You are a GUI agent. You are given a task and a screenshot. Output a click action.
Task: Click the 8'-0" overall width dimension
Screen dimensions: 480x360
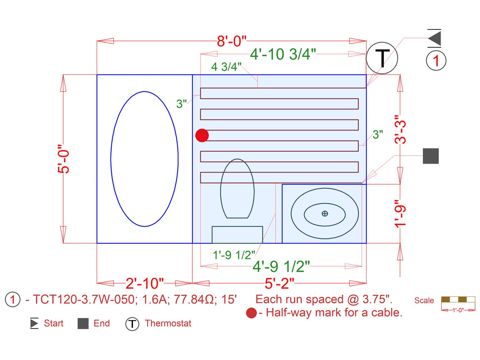[231, 41]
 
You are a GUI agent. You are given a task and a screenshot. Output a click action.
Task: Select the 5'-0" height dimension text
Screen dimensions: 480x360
[63, 159]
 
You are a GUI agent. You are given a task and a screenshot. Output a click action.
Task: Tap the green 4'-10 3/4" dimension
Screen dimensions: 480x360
[283, 54]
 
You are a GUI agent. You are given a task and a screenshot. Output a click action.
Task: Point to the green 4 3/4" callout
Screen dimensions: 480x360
[226, 67]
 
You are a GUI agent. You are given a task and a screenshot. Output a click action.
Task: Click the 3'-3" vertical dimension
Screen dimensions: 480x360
[400, 132]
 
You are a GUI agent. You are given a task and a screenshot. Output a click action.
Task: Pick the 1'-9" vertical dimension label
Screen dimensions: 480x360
[400, 213]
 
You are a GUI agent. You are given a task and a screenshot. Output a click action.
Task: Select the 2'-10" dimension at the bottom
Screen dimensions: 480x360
[145, 283]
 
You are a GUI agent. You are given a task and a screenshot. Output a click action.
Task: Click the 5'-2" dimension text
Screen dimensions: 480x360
[279, 283]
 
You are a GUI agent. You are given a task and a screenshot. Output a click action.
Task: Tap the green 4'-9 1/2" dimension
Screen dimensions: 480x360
[281, 267]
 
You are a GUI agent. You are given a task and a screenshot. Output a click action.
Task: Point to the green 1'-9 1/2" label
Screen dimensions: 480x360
[234, 255]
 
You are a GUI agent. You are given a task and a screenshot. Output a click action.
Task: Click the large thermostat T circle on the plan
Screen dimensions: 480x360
[382, 58]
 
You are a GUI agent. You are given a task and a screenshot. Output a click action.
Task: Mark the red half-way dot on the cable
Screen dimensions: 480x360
[202, 136]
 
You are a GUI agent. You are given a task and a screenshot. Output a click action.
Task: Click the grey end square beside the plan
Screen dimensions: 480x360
[431, 156]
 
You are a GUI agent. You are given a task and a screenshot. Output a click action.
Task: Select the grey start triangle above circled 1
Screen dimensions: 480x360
[435, 38]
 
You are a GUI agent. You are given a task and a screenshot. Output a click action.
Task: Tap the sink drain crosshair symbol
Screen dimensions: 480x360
[325, 213]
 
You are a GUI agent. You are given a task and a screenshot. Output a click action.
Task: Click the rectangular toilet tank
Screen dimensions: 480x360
[237, 235]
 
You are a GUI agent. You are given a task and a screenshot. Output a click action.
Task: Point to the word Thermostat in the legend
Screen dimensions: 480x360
[168, 323]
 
